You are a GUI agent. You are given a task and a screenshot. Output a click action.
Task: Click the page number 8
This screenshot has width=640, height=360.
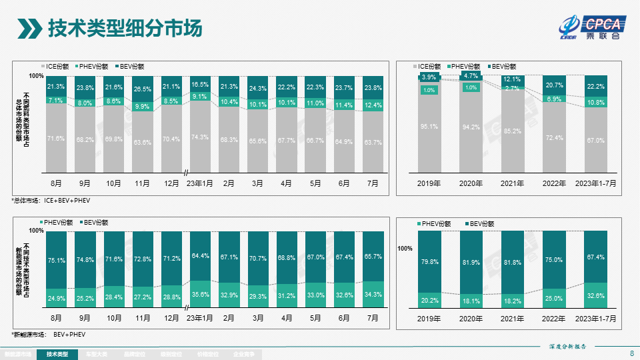[631, 353]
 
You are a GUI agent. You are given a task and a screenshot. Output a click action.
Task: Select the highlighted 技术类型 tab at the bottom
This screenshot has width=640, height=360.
[57, 354]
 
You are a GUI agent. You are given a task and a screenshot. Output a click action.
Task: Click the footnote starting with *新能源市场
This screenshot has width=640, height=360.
[48, 334]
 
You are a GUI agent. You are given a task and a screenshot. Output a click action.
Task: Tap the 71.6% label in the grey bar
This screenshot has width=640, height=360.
[56, 138]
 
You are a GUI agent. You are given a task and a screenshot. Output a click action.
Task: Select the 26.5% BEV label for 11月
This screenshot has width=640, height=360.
[142, 89]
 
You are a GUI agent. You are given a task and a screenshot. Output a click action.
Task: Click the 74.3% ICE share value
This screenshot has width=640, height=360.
[199, 137]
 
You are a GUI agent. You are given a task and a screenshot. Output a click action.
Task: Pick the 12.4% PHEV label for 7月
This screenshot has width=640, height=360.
[373, 105]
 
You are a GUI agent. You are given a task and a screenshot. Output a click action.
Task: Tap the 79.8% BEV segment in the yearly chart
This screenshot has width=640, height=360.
[429, 261]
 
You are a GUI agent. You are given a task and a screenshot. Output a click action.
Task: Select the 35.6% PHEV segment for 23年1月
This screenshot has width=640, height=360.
[199, 293]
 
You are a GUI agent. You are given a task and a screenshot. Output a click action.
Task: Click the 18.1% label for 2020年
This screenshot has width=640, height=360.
[471, 301]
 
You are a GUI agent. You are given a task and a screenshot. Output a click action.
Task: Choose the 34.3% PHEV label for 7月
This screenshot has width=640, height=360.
[373, 294]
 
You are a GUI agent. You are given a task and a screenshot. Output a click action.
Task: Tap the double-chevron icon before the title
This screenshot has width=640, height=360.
[29, 29]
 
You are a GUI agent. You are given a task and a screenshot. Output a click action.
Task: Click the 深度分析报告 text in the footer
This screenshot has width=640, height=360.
[571, 347]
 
